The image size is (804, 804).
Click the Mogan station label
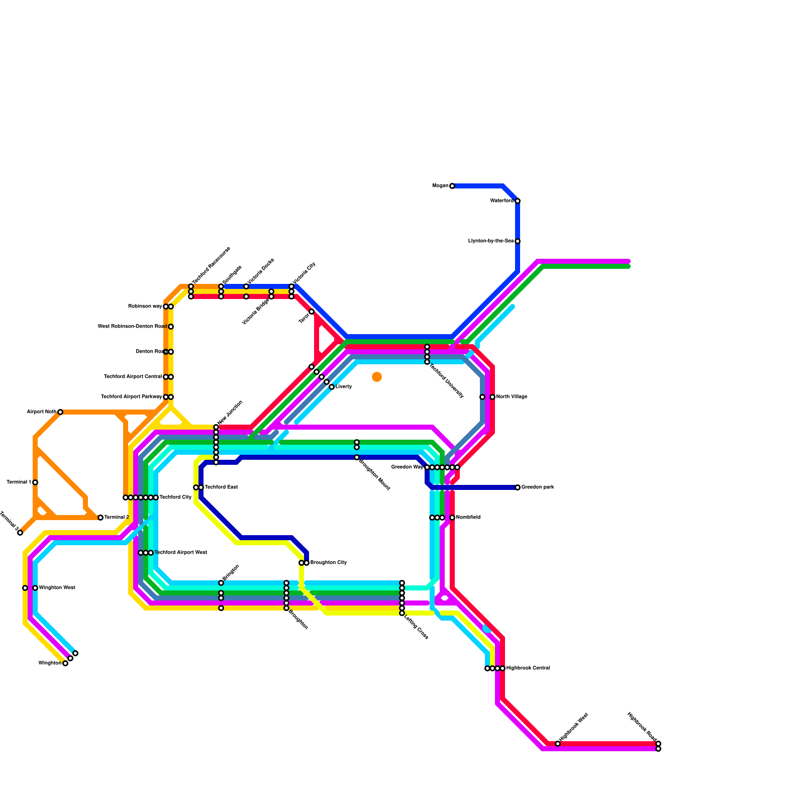440,186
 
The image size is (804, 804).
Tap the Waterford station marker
518,201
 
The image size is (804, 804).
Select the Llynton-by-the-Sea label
490,241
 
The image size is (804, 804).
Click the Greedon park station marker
518,487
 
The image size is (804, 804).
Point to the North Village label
512,397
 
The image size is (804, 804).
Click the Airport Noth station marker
60,412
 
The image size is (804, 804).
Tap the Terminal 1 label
19,482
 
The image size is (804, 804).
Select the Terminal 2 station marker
100,518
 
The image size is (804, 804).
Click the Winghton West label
57,588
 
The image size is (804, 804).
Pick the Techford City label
175,497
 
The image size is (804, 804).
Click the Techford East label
221,487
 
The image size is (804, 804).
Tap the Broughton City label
328,563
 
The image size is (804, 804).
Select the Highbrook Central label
528,668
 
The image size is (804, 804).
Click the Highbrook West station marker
558,744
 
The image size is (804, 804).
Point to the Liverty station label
344,387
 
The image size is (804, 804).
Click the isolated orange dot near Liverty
377,377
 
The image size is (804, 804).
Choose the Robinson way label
145,307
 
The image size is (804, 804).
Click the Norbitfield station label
468,518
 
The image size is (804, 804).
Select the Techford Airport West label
180,553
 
